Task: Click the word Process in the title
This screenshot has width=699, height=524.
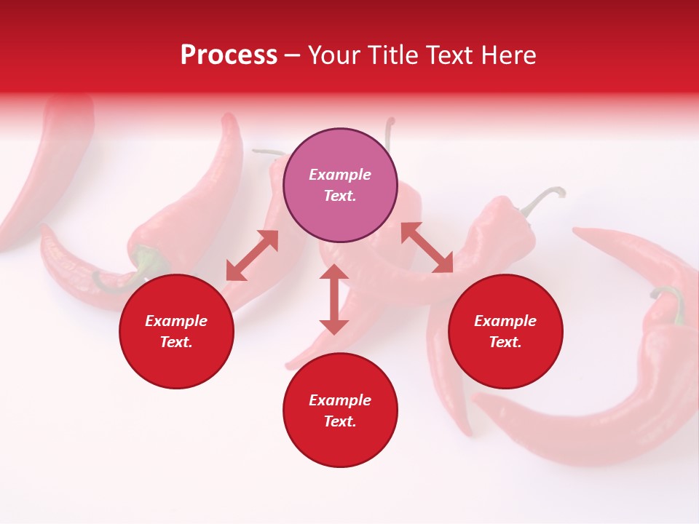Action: pyautogui.click(x=229, y=55)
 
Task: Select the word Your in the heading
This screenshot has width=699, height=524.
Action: pyautogui.click(x=333, y=55)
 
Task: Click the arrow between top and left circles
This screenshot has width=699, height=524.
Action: pyautogui.click(x=252, y=255)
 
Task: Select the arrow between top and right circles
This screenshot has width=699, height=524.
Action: pyautogui.click(x=427, y=247)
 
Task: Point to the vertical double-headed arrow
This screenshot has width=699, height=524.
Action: pyautogui.click(x=334, y=299)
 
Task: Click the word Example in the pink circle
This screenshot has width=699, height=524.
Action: pyautogui.click(x=340, y=175)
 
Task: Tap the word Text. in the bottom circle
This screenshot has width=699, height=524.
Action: pyautogui.click(x=340, y=421)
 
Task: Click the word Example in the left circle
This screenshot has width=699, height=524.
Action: pyautogui.click(x=176, y=321)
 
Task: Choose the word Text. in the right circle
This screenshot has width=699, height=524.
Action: pyautogui.click(x=505, y=342)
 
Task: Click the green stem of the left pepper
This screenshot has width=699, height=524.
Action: pyautogui.click(x=149, y=262)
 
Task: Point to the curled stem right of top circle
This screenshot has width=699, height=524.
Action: pyautogui.click(x=544, y=196)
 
